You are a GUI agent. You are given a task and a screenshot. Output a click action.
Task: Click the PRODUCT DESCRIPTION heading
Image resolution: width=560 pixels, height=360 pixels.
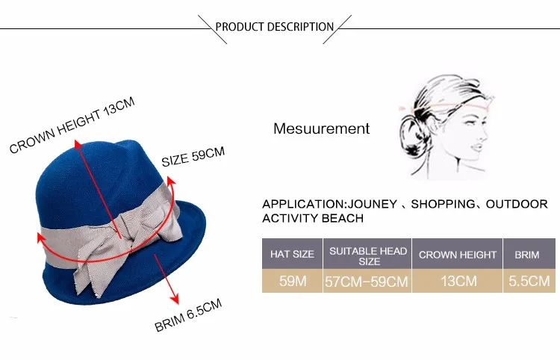[275, 27]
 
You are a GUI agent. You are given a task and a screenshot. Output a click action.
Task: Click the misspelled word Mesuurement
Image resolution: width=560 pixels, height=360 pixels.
[321, 128]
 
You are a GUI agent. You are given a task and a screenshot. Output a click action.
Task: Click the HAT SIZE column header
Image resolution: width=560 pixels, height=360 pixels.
[292, 255]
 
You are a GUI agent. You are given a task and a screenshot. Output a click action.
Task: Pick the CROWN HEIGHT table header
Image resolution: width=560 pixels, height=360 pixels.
[457, 255]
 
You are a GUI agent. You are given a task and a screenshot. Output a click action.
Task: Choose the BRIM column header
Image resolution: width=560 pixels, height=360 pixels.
[527, 255]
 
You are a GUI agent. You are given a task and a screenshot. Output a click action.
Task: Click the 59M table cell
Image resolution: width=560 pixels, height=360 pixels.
[292, 282]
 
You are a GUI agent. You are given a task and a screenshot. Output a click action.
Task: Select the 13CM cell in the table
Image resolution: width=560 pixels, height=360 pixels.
[457, 282]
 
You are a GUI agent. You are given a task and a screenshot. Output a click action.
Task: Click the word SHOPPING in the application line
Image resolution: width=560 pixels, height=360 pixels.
[443, 203]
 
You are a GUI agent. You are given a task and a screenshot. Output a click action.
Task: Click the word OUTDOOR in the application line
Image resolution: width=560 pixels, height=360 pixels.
[522, 203]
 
